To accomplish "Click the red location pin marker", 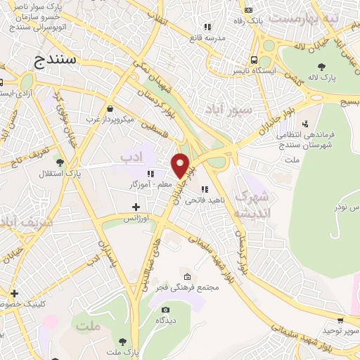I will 181,165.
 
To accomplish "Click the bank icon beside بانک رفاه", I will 247,10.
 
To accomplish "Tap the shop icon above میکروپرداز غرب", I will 110,108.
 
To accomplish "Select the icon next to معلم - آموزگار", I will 150,174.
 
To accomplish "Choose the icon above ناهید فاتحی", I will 205,189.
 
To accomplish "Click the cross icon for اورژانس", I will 136,207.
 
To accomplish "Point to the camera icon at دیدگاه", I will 165,309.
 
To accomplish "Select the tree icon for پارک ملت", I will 123,341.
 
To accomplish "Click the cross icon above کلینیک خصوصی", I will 14,293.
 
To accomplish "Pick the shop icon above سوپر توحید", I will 340,320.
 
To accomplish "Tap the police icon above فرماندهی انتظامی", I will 304,124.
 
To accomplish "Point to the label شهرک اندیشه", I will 251,204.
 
